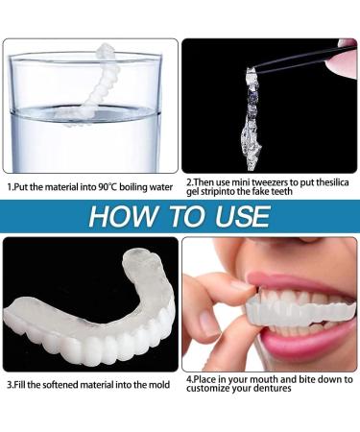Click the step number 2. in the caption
pyautogui.click(x=188, y=180)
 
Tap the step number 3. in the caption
pyautogui.click(x=9, y=385)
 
